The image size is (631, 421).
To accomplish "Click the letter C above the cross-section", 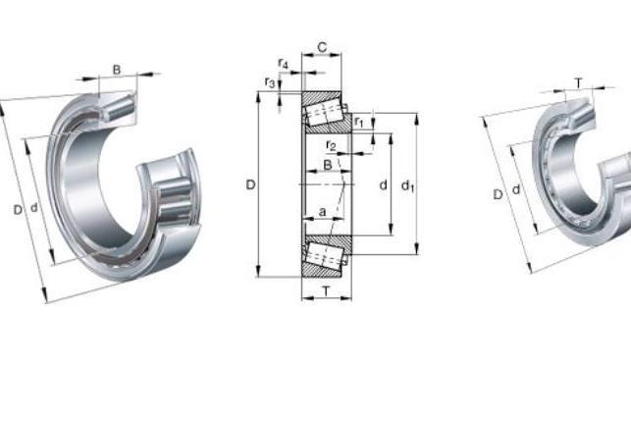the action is coord(322,47).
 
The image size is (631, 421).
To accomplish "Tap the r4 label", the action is coord(284,63).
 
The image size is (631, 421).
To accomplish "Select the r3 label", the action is coord(270,82).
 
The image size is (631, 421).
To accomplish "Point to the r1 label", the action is coord(359,122).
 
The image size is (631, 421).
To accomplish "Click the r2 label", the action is coord(331,145).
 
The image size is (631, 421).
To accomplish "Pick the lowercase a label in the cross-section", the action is coord(322,212).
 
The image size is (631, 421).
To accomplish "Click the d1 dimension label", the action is coord(407,185).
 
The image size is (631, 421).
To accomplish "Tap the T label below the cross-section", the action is coord(327,290).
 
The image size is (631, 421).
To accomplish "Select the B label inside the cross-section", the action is coord(328,165).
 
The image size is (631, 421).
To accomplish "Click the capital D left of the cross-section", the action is coord(250,184).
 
